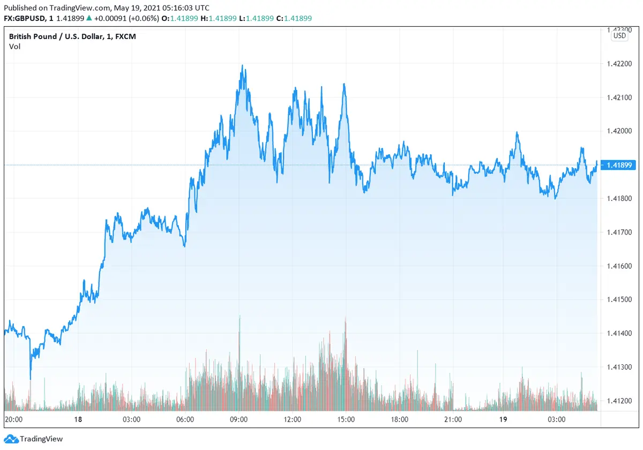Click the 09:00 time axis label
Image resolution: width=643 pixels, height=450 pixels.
click(x=239, y=419)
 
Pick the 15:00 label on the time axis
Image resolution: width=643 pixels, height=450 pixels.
click(x=346, y=419)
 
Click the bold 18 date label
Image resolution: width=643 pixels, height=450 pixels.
click(x=79, y=419)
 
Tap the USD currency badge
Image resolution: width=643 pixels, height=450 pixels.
click(x=619, y=36)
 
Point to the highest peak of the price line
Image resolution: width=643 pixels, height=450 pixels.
click(x=243, y=66)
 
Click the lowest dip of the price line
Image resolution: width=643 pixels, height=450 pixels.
click(x=30, y=379)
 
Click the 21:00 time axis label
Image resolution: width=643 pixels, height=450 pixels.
click(x=453, y=419)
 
